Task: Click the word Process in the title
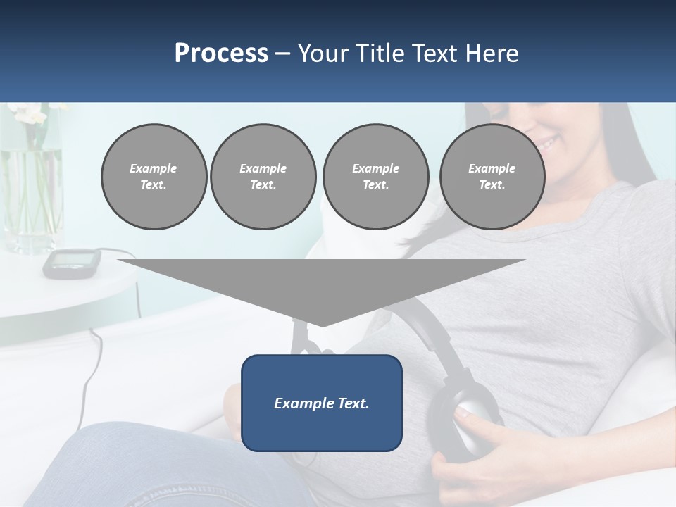221,54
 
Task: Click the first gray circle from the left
154,177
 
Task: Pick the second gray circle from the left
263,177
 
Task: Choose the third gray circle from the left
375,177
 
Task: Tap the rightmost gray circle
492,177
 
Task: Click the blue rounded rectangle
322,403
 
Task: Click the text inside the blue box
322,403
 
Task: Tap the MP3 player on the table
70,262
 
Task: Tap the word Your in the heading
322,54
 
